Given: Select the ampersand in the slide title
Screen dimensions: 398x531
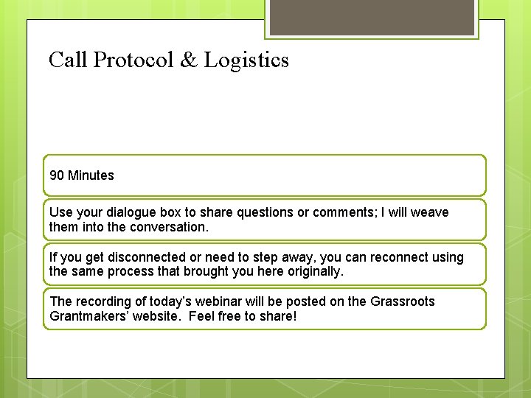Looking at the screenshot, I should point(190,60).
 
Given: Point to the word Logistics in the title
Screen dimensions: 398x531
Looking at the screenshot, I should point(246,60).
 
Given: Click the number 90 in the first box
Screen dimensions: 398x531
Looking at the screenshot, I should point(57,175).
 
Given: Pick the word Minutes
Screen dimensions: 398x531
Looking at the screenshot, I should point(91,175).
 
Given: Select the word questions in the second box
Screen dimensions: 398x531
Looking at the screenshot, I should point(266,212).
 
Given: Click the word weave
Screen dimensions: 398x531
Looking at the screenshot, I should point(429,212).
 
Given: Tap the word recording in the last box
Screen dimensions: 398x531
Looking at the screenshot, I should point(97,301).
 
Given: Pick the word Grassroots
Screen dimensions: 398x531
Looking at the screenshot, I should point(402,301).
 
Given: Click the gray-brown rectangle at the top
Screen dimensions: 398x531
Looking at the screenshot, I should point(371,16).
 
